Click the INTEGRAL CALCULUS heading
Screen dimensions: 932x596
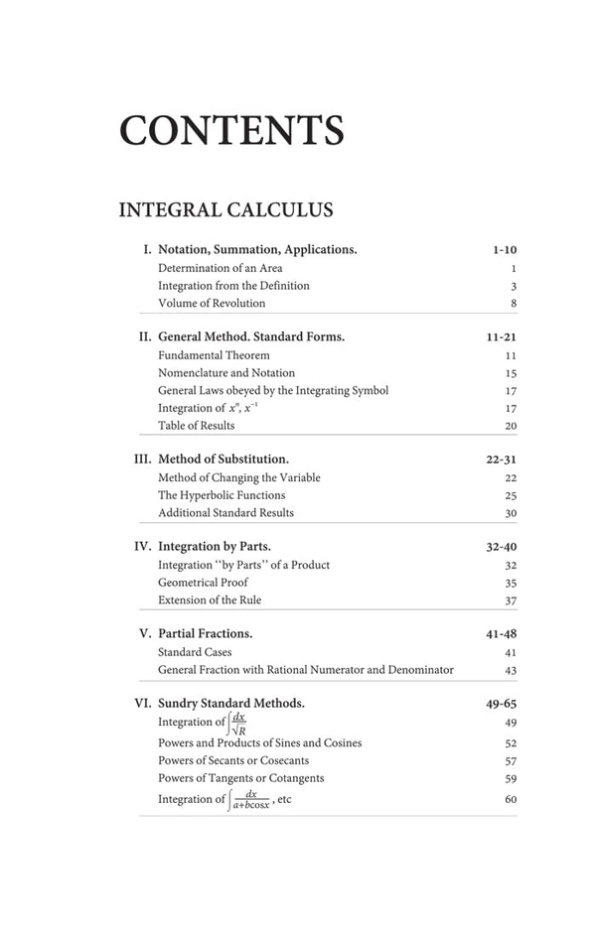(x=225, y=210)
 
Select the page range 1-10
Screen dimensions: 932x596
(x=504, y=250)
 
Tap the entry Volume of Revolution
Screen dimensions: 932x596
(x=212, y=304)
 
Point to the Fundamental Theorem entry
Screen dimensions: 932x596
(x=214, y=355)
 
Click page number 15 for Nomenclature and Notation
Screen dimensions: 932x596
(x=511, y=373)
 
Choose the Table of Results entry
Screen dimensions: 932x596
(x=197, y=426)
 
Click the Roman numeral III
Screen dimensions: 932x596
(x=142, y=460)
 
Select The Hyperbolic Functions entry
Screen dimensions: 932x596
(x=222, y=495)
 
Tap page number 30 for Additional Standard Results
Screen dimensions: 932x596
(x=511, y=513)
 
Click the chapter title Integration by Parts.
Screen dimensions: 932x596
(x=215, y=546)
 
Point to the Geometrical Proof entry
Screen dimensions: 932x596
(x=203, y=583)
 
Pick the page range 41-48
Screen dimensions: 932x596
(x=501, y=634)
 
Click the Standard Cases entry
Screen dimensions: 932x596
(x=195, y=653)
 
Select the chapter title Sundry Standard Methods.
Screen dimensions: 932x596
(x=231, y=703)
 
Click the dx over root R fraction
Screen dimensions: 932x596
(x=238, y=724)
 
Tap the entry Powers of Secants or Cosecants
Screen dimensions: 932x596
(x=233, y=761)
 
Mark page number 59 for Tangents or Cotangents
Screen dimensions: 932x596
(x=511, y=779)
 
